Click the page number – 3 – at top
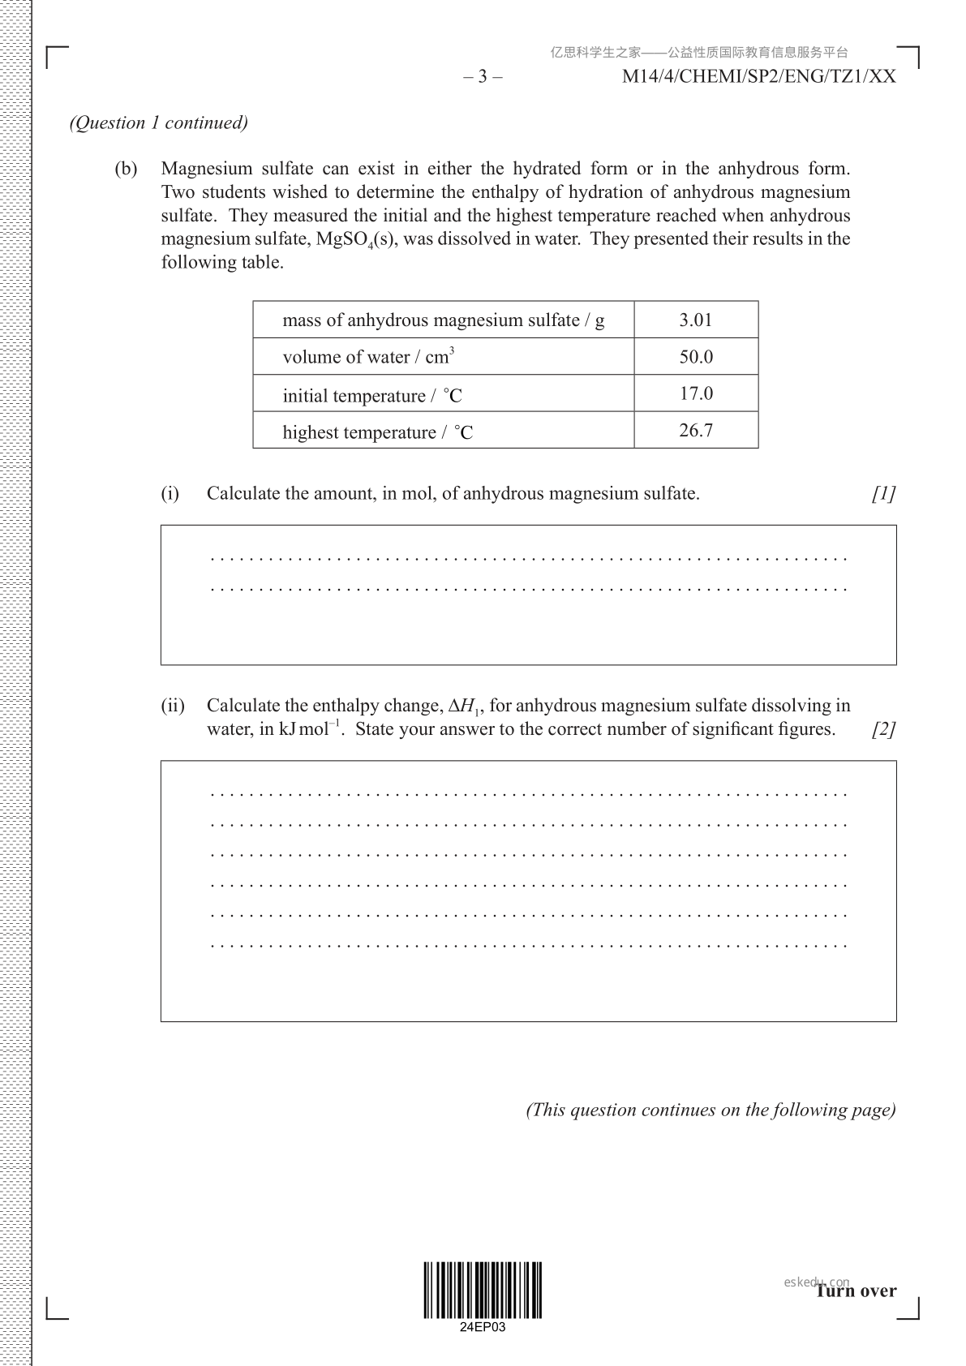click(483, 77)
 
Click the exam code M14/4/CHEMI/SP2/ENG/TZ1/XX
click(758, 77)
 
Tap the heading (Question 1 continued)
click(158, 122)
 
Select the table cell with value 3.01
click(696, 320)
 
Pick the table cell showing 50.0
click(696, 357)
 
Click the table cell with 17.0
click(696, 393)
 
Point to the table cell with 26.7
click(696, 431)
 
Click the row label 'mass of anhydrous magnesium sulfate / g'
click(443, 320)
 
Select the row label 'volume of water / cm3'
click(368, 357)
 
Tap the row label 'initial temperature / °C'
click(372, 395)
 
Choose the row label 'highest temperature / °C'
click(377, 432)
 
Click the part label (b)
click(126, 169)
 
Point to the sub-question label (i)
click(170, 493)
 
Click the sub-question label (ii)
click(172, 706)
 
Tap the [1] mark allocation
click(883, 493)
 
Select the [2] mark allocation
click(883, 729)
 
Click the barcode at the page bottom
click(483, 1290)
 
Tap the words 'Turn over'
click(856, 1291)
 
